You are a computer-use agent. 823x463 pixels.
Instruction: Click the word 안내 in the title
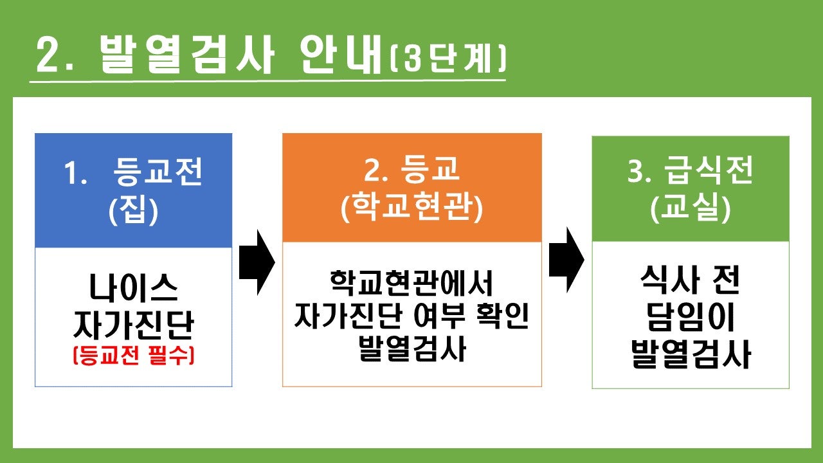pos(341,55)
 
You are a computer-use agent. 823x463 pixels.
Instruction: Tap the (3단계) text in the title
pos(448,59)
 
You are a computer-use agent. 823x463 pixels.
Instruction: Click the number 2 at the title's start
pos(49,55)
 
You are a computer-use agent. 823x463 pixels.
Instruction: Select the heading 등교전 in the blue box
pos(158,171)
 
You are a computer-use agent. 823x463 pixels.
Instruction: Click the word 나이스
pos(133,288)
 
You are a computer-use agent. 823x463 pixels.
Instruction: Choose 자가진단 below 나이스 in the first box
pos(133,325)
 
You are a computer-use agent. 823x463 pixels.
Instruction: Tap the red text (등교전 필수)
pos(133,356)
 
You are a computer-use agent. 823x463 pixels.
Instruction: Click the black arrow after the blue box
pos(257,262)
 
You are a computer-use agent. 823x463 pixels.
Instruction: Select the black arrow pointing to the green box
pos(566,260)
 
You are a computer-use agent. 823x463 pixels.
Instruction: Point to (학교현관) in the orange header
pos(411,207)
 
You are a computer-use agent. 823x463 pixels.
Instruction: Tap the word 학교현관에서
pos(411,283)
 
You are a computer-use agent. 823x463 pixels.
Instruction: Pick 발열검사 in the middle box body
pos(412,349)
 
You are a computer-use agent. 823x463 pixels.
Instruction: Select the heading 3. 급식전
pos(691,170)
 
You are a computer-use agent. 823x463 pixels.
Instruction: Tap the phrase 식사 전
pos(690,280)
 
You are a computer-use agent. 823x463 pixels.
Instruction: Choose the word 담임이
pos(691,317)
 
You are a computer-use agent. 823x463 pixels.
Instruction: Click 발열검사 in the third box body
pos(691,354)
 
